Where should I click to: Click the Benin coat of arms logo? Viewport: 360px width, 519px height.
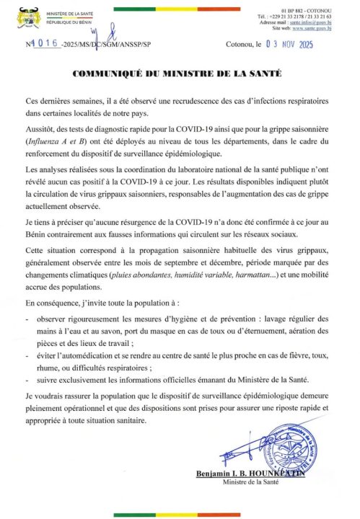(26, 16)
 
